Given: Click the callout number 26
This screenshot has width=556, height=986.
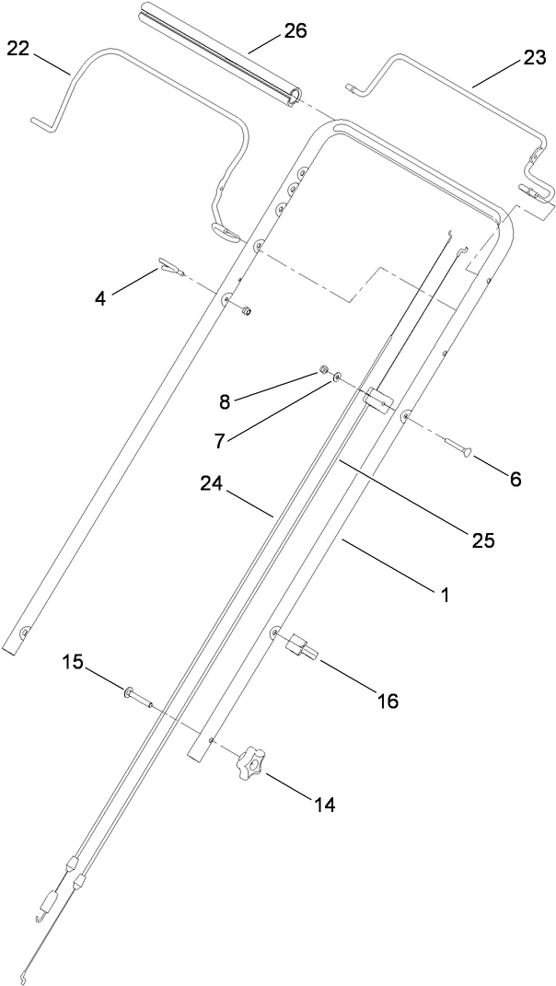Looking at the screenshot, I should (x=295, y=31).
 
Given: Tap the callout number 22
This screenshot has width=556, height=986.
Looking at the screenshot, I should (x=19, y=49).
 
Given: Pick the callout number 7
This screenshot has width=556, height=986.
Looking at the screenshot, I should (x=218, y=440).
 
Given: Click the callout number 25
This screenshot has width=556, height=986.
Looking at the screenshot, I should (x=483, y=540).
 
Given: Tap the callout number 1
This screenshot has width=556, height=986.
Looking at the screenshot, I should (x=443, y=595).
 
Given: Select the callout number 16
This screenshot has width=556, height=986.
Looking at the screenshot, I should (x=388, y=701).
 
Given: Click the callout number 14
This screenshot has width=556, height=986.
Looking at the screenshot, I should (x=323, y=805).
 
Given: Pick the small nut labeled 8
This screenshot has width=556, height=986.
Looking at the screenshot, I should (x=324, y=370).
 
